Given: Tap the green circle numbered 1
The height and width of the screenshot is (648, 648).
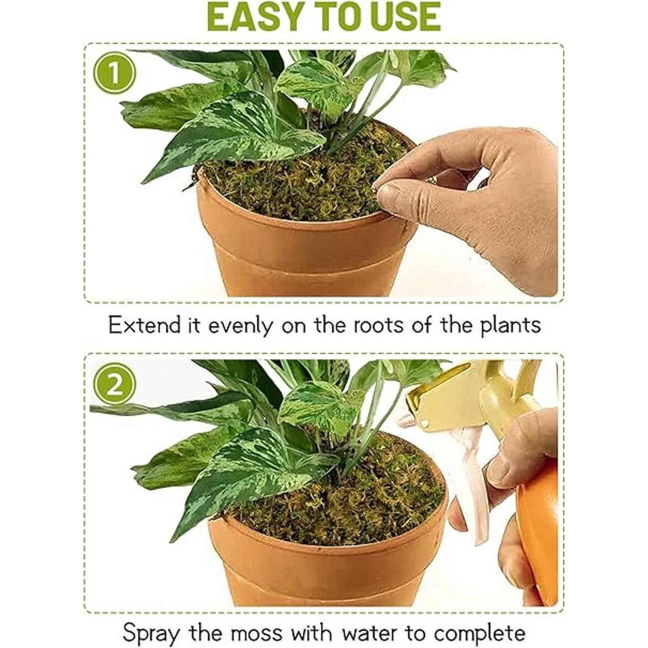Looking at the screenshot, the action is (x=114, y=73).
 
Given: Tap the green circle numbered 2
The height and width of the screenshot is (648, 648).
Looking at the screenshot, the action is (x=114, y=387).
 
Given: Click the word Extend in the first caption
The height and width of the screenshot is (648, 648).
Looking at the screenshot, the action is (x=145, y=325).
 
